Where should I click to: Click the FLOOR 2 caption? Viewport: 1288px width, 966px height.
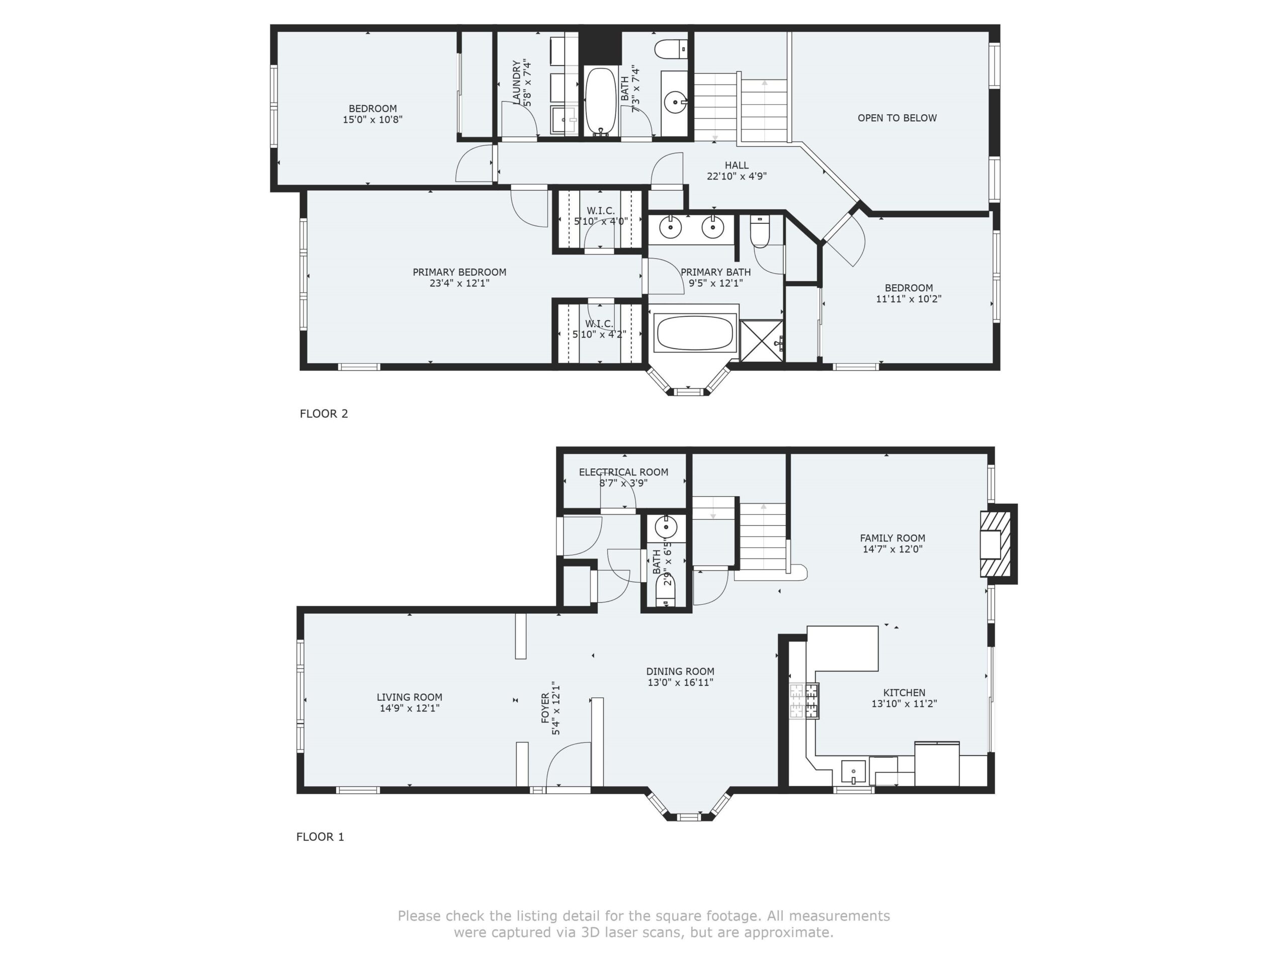tap(324, 414)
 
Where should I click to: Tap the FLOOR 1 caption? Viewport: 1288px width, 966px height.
tap(320, 837)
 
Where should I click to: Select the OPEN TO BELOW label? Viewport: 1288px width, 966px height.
tap(897, 118)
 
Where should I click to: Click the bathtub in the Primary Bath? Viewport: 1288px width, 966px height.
tap(694, 333)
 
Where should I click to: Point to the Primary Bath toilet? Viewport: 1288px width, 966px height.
tap(760, 231)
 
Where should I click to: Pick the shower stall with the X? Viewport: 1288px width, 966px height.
tap(762, 340)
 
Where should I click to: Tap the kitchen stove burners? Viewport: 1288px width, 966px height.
tap(803, 700)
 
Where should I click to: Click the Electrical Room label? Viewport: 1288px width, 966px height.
tap(623, 472)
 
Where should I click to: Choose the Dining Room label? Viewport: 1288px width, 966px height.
tap(680, 671)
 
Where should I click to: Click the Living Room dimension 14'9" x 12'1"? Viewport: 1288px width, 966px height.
tap(410, 708)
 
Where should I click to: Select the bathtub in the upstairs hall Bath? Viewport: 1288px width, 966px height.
tap(600, 101)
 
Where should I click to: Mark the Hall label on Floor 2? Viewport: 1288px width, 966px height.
tap(737, 166)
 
